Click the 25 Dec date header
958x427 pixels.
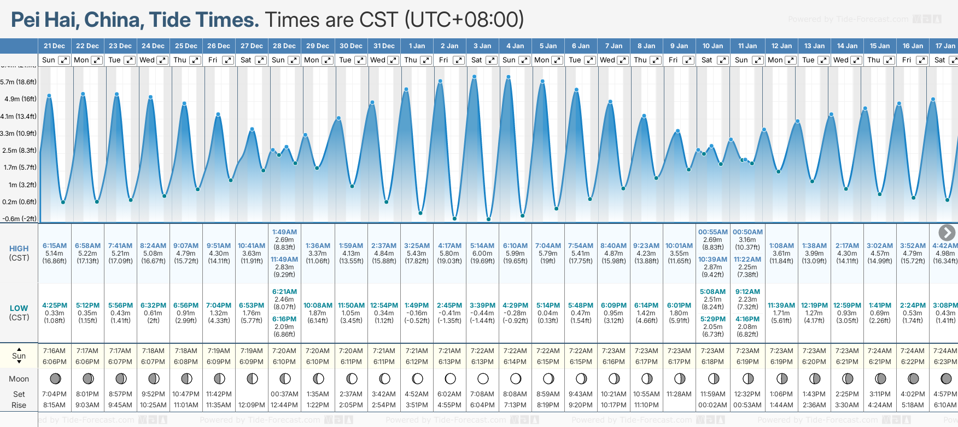(x=186, y=46)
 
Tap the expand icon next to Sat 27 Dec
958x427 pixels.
(x=261, y=60)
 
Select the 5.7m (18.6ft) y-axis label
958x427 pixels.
(x=19, y=82)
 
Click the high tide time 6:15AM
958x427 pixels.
(x=55, y=246)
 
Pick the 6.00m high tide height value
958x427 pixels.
(x=482, y=253)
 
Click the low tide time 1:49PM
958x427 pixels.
(x=417, y=305)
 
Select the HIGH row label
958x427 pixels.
(x=19, y=249)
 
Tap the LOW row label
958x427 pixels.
(x=19, y=308)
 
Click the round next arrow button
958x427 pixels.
(x=947, y=233)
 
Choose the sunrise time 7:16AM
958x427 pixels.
(x=55, y=351)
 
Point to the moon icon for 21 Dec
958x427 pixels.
(x=55, y=378)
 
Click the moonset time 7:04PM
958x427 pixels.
(x=55, y=394)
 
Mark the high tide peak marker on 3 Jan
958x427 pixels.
(x=475, y=77)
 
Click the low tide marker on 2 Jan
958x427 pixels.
(x=454, y=218)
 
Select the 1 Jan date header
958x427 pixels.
(x=417, y=46)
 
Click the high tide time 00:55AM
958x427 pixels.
(x=713, y=232)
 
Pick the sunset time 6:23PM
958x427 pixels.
(x=945, y=362)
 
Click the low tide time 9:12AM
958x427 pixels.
(x=747, y=292)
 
